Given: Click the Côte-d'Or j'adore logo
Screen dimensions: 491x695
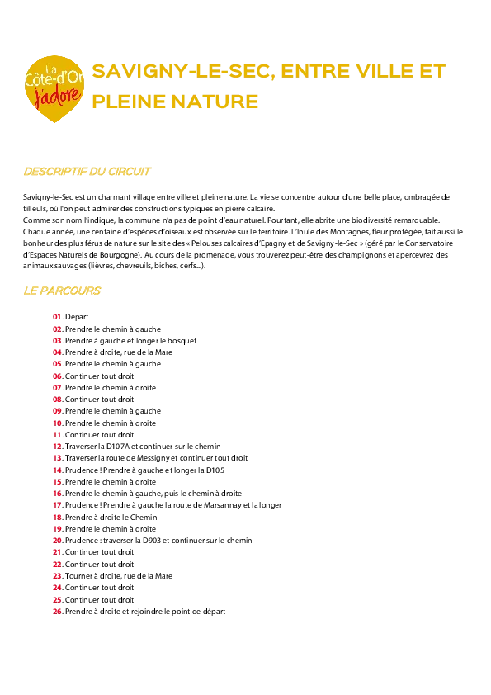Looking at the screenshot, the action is tap(54, 88).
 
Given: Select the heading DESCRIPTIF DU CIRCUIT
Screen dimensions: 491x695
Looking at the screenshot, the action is tap(87, 172).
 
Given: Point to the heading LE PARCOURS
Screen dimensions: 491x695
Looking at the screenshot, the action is tap(62, 291).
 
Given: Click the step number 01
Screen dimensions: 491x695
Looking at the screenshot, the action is tap(57, 317).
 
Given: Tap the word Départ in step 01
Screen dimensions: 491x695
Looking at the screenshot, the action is tap(77, 317).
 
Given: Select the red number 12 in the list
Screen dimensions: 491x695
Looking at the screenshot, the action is tap(57, 447).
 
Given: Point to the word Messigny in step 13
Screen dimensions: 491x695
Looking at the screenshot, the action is tap(153, 458).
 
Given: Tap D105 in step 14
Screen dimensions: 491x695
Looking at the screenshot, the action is tap(215, 470).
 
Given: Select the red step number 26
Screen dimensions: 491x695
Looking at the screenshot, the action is tap(57, 612).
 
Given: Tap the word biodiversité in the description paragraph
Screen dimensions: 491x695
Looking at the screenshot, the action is tap(371, 220).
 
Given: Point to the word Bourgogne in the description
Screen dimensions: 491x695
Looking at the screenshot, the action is tap(120, 255).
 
